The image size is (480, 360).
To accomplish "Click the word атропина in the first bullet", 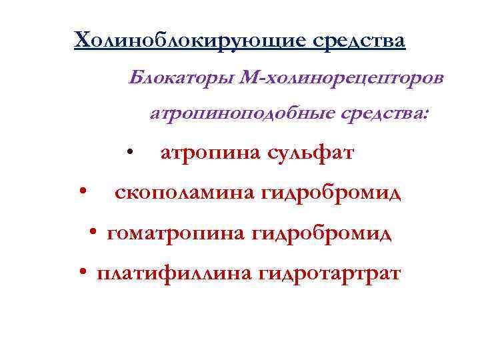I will point(209,153).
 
